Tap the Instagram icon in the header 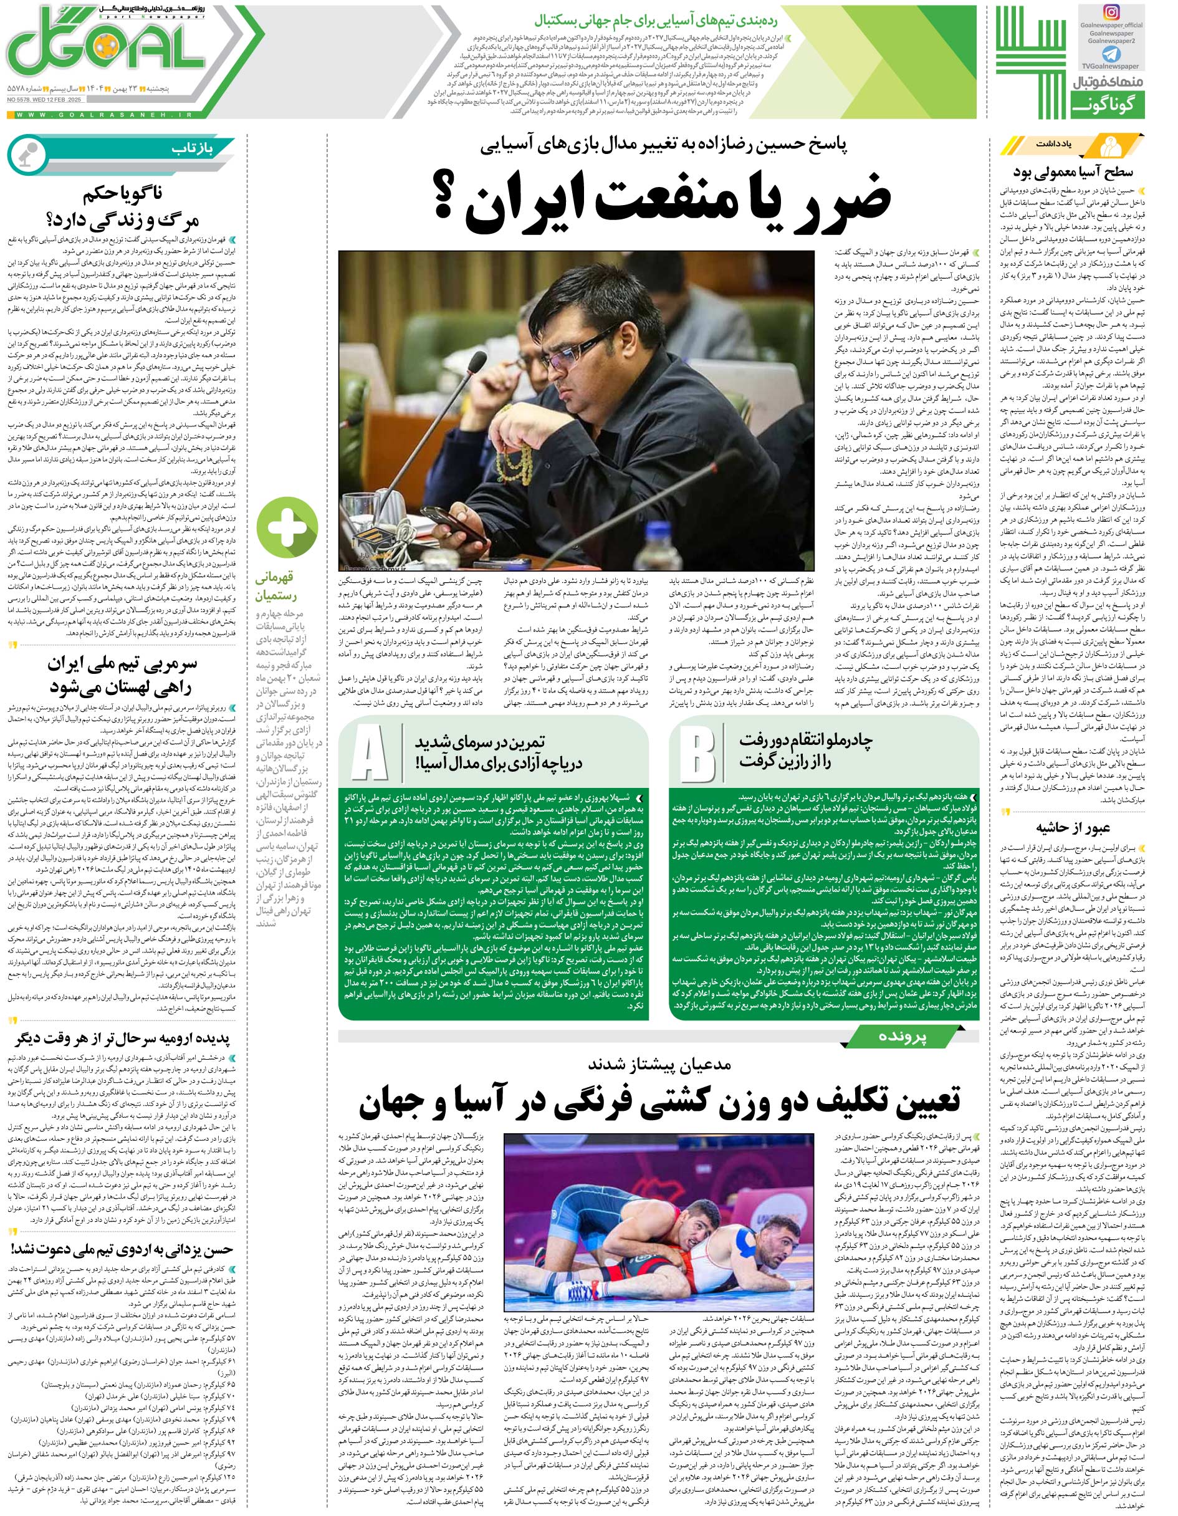coord(1131,14)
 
